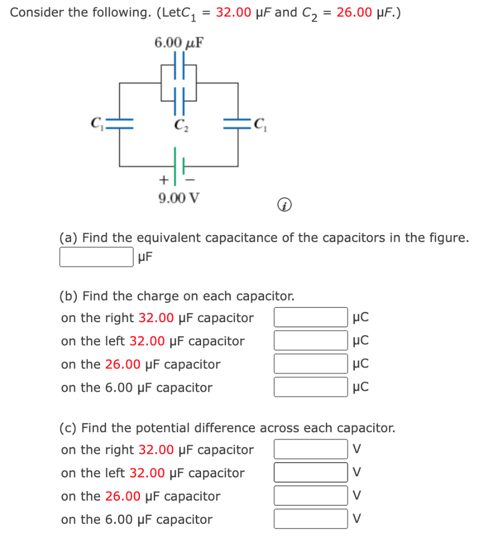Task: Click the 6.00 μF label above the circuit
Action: [178, 43]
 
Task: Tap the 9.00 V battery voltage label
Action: [178, 198]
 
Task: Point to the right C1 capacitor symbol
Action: [237, 124]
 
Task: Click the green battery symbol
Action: [178, 166]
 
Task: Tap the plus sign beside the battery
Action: [164, 179]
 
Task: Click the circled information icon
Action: [284, 205]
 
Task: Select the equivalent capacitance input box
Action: [96, 257]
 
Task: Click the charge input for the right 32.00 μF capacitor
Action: [311, 317]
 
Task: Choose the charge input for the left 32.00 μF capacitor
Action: [311, 341]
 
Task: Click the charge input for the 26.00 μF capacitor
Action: [311, 364]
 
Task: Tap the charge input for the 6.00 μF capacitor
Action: [311, 387]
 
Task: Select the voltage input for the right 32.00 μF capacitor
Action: [311, 449]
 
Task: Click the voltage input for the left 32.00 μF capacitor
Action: [311, 472]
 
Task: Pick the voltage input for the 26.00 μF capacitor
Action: [311, 495]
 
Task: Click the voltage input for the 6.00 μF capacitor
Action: [311, 518]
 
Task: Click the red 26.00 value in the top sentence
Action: [354, 13]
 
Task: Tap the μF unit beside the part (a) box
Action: [145, 257]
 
